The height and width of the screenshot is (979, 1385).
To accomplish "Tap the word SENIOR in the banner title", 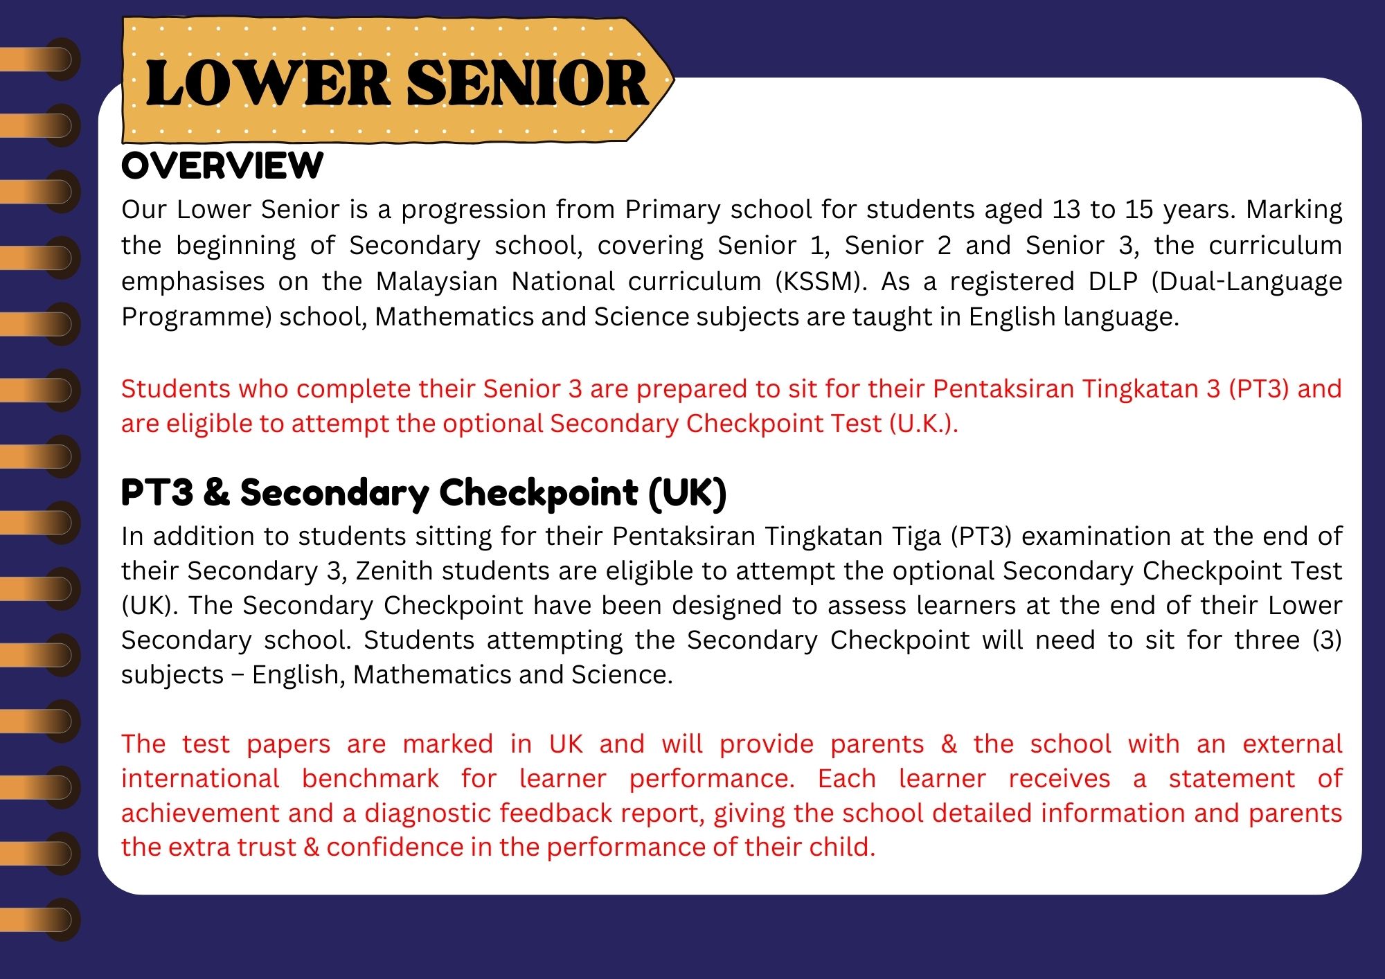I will [x=527, y=84].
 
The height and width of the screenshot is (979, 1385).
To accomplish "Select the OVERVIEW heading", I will [x=222, y=166].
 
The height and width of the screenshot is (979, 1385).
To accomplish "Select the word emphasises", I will [x=193, y=282].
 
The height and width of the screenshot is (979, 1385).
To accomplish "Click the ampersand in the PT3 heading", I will [x=217, y=492].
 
